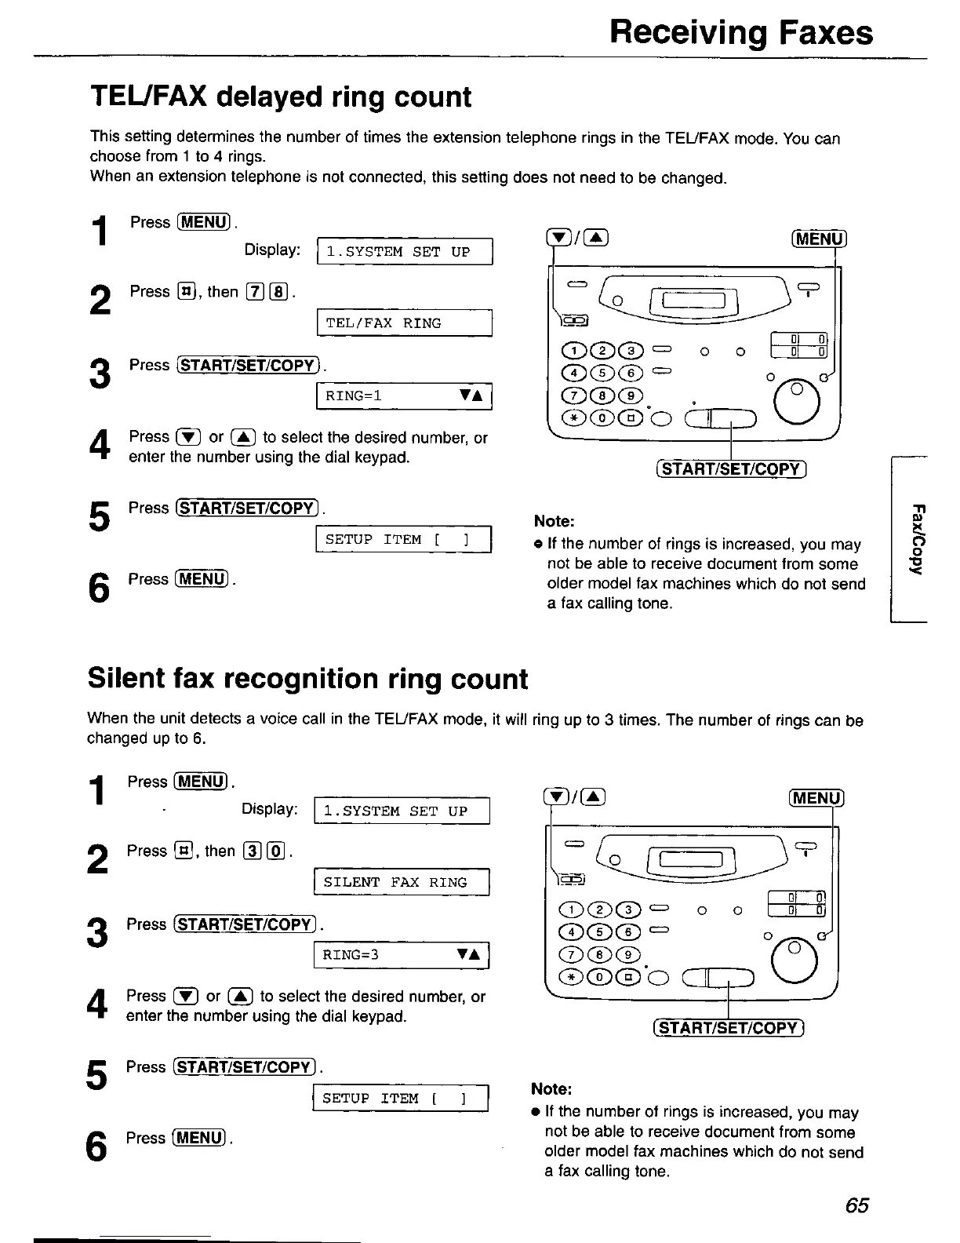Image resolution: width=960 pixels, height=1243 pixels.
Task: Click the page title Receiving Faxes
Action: point(741,33)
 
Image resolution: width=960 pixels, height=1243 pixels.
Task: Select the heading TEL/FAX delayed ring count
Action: point(281,97)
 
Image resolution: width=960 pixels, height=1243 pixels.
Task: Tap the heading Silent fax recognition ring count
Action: point(307,679)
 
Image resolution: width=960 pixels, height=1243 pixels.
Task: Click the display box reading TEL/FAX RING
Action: point(404,323)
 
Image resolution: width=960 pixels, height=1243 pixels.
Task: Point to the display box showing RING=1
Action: point(404,396)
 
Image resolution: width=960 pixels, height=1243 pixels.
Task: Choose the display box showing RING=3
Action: point(401,955)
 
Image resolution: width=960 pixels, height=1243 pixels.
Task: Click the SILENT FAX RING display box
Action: point(401,883)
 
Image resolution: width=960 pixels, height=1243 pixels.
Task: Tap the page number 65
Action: point(857,1205)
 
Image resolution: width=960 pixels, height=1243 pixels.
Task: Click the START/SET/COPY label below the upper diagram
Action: point(731,470)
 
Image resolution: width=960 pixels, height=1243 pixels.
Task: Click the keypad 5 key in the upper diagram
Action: point(581,374)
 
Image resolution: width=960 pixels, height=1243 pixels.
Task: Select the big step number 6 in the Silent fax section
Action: point(97,1147)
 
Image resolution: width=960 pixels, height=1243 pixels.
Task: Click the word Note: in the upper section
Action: point(555,522)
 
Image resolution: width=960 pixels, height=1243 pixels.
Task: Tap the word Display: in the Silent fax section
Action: point(269,809)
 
